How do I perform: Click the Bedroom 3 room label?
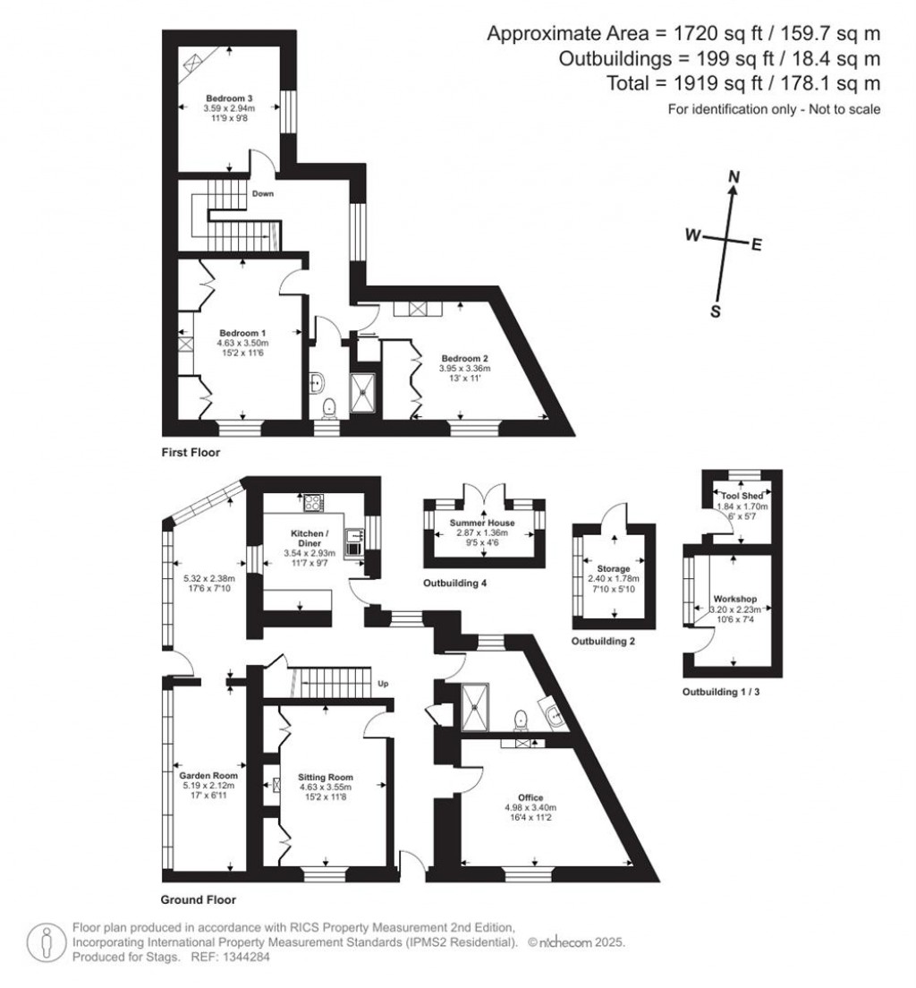[x=230, y=98]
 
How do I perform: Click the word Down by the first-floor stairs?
[x=262, y=193]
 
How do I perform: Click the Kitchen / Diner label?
[x=310, y=534]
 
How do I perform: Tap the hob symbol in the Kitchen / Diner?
[x=313, y=502]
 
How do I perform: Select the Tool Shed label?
[x=736, y=495]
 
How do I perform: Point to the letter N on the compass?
[x=734, y=178]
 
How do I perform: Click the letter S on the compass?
[x=715, y=311]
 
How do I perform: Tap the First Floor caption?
[x=190, y=453]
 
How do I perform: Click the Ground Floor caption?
[x=198, y=899]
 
